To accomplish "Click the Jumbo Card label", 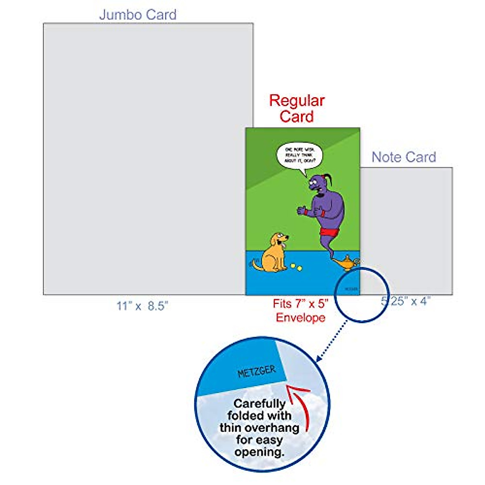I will click(x=138, y=15).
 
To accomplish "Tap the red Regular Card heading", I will click(x=297, y=108).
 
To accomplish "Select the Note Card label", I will click(x=404, y=157).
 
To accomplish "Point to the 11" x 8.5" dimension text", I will click(x=142, y=306).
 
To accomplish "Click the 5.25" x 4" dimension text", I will click(x=406, y=301).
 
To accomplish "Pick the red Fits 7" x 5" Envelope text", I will click(x=301, y=310).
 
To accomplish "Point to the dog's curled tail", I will click(x=256, y=265).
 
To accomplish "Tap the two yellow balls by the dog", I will click(x=296, y=267).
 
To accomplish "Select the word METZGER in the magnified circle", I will click(x=256, y=371).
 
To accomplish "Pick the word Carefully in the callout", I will click(x=259, y=403).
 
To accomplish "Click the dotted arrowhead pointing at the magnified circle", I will click(x=319, y=358).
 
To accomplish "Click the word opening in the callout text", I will click(x=259, y=451).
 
